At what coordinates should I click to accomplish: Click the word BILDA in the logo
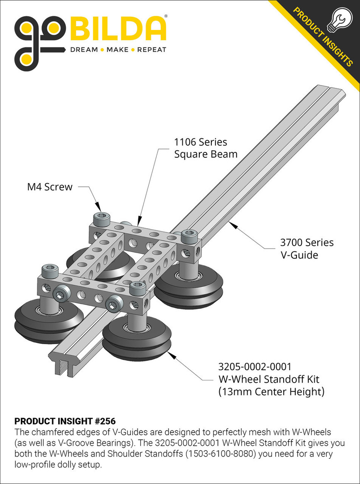click(x=118, y=29)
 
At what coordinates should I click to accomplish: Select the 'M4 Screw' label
click(x=50, y=187)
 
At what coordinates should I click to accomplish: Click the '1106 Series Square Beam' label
click(x=206, y=148)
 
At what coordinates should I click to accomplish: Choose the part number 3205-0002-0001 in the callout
click(x=255, y=367)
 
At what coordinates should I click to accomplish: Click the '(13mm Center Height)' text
click(x=271, y=391)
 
